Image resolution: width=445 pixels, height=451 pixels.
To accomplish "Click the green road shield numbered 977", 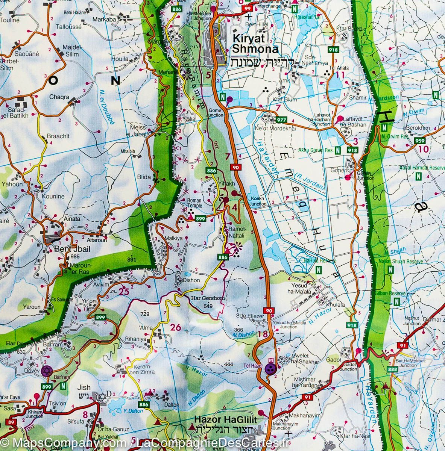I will point(281,120).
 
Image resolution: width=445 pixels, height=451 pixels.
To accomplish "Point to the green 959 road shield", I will point(420,141).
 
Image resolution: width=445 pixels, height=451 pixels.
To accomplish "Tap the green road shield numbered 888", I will point(392,369).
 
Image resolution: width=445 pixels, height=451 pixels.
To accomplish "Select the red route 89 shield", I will point(11,422).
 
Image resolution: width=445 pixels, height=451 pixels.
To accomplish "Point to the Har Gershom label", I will point(203,299).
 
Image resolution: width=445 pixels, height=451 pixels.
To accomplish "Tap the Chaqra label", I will point(59,97).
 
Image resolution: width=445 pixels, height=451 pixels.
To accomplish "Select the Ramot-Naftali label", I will point(235,232).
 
